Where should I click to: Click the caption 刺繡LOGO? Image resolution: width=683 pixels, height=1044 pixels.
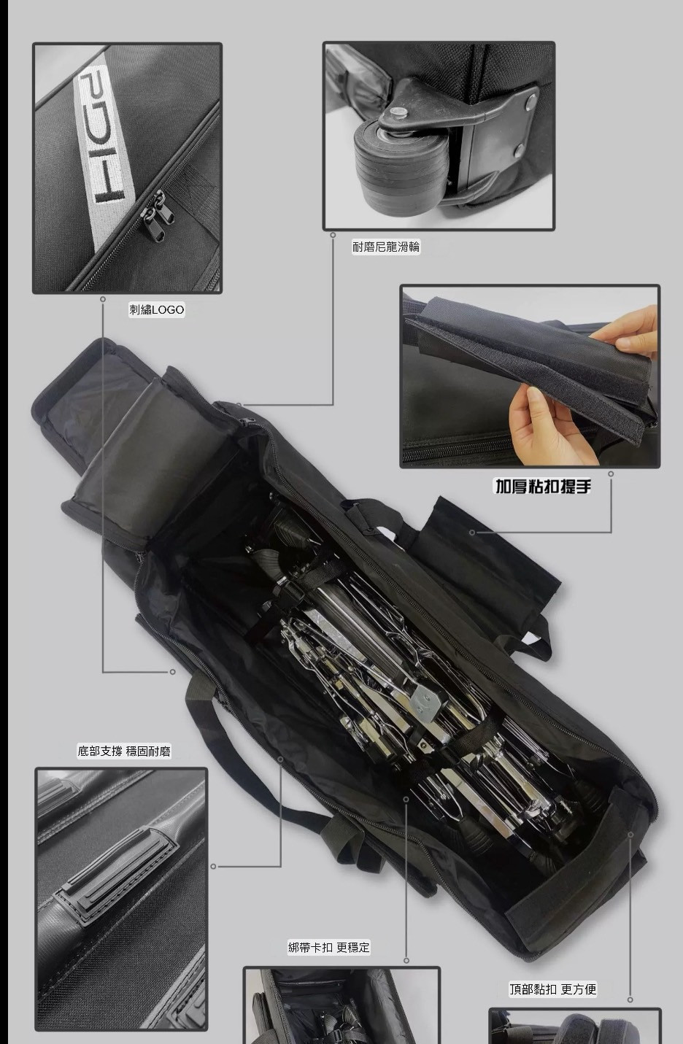157,310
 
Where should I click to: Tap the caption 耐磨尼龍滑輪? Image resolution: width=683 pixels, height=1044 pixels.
386,247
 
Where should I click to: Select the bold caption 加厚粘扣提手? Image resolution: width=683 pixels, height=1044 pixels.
543,487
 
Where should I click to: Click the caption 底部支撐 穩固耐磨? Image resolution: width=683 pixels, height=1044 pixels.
124,751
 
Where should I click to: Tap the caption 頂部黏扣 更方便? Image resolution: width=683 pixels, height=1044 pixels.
553,989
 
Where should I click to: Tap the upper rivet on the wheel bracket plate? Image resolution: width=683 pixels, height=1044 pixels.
532,98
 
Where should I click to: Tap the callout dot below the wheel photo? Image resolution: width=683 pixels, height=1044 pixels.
333,235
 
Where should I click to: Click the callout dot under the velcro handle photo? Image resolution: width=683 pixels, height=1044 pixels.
611,473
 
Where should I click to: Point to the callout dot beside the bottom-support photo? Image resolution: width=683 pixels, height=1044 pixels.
213,867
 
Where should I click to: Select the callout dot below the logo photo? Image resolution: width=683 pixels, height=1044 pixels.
103,298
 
